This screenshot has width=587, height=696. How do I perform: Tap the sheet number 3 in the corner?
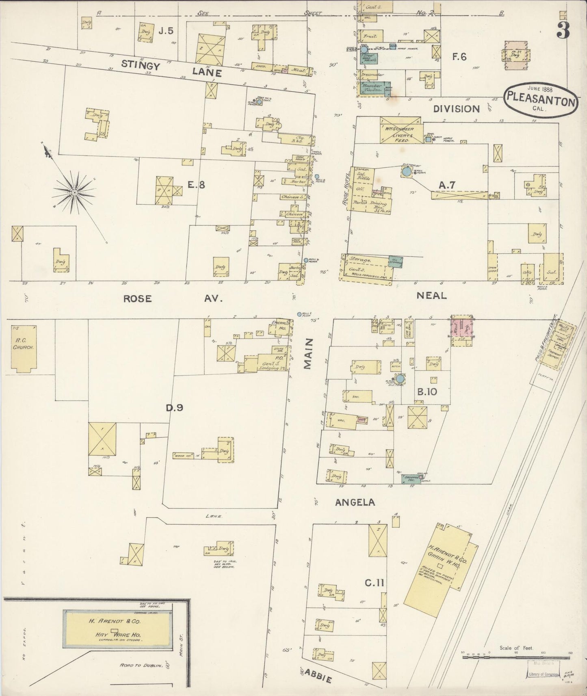click(x=563, y=30)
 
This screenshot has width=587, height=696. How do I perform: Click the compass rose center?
click(x=75, y=192)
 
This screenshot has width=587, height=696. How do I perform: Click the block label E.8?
click(x=196, y=185)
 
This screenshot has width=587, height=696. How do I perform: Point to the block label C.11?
click(x=374, y=583)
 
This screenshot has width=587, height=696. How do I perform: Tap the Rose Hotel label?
click(x=348, y=189)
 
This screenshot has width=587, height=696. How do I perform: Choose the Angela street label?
click(x=355, y=503)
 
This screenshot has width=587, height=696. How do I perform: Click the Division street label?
click(x=456, y=108)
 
